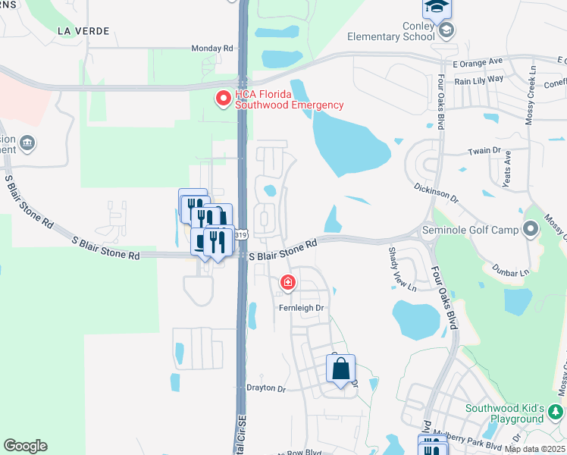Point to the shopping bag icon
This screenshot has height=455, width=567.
pos(341,370)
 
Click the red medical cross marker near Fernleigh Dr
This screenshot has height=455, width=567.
pos(287,284)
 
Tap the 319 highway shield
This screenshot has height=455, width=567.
pos(241,236)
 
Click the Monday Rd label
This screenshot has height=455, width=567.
pos(212,48)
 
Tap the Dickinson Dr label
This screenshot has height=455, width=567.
pos(437,190)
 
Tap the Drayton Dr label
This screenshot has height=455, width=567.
pos(265,389)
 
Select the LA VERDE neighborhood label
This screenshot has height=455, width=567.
pos(83,31)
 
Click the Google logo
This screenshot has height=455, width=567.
pos(25,446)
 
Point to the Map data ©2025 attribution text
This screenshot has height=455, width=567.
pos(534,449)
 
